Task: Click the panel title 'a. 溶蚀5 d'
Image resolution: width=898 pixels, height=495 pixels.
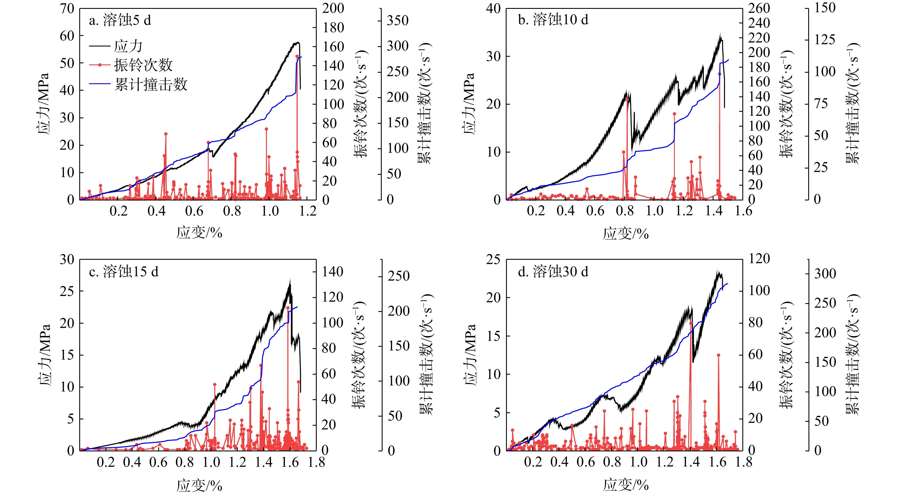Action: click(120, 20)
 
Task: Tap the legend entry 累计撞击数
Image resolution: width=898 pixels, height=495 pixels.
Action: click(151, 84)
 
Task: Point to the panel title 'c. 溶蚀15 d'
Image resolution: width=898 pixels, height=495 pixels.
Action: click(123, 271)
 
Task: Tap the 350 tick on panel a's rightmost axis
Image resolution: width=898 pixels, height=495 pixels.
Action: click(397, 20)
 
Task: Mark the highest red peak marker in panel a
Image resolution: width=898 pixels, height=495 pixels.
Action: click(297, 56)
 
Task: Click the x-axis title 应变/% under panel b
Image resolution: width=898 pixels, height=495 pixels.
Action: click(625, 233)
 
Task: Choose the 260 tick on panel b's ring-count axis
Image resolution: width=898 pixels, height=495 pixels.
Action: click(759, 8)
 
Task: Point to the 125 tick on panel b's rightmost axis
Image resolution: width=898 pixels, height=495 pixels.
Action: click(825, 39)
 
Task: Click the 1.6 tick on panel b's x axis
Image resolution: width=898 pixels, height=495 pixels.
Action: click(743, 211)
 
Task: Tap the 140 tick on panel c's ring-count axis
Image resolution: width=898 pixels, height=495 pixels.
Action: click(332, 271)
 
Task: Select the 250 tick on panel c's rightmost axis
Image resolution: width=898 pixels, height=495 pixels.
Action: click(399, 276)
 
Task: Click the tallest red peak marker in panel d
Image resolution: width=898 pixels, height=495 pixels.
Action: click(690, 324)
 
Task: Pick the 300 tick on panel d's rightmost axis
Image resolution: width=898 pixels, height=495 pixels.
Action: click(825, 274)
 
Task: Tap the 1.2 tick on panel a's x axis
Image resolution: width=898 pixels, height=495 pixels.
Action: click(308, 211)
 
